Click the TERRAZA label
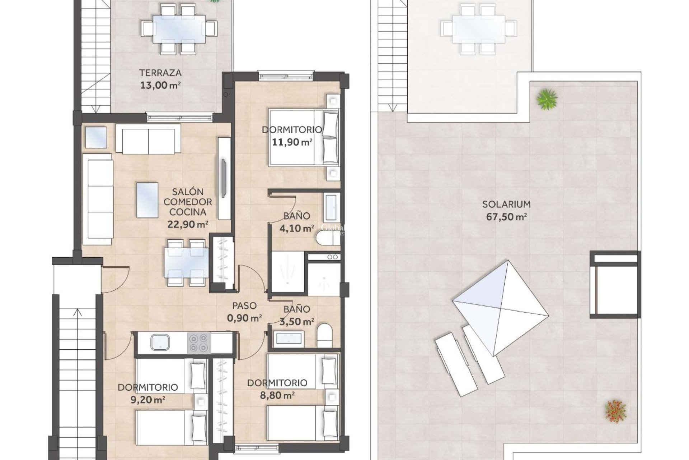coord(160,73)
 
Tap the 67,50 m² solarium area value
coord(506,217)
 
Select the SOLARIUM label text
coord(506,204)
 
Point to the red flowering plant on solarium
coord(615,410)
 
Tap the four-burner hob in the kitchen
coord(199,343)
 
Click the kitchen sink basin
coord(160,342)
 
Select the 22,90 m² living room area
coord(188,225)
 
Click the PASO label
coord(244,306)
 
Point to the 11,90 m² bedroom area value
coord(291,142)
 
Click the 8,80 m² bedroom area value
coord(277,395)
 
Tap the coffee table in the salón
coord(147,200)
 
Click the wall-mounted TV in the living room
coord(224,178)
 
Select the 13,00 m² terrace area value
coord(160,86)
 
